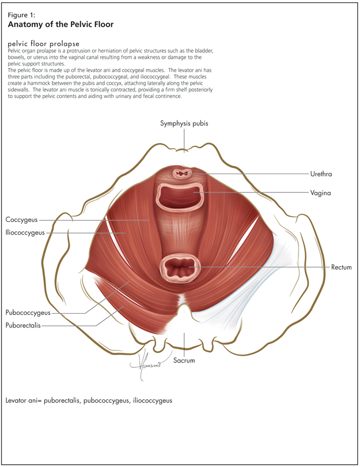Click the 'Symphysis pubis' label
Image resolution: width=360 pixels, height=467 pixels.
coord(184,124)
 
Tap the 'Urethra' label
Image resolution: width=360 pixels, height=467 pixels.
coord(321,174)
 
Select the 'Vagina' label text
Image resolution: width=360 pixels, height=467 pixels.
coord(320,193)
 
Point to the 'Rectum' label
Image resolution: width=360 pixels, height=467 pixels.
coord(342,268)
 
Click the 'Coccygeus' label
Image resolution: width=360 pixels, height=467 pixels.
coord(22,220)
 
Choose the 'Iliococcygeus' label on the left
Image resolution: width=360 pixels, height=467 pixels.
coord(25,233)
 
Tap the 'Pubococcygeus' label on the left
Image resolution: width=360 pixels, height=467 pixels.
coord(28,312)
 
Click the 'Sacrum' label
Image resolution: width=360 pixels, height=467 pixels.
coord(184,360)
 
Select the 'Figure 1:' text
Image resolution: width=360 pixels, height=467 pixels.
coord(21,16)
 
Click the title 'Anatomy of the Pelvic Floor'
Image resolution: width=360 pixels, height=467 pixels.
coord(60,25)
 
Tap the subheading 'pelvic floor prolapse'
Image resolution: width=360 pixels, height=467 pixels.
coord(44,44)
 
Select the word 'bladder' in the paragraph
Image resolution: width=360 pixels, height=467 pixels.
coord(203,51)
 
